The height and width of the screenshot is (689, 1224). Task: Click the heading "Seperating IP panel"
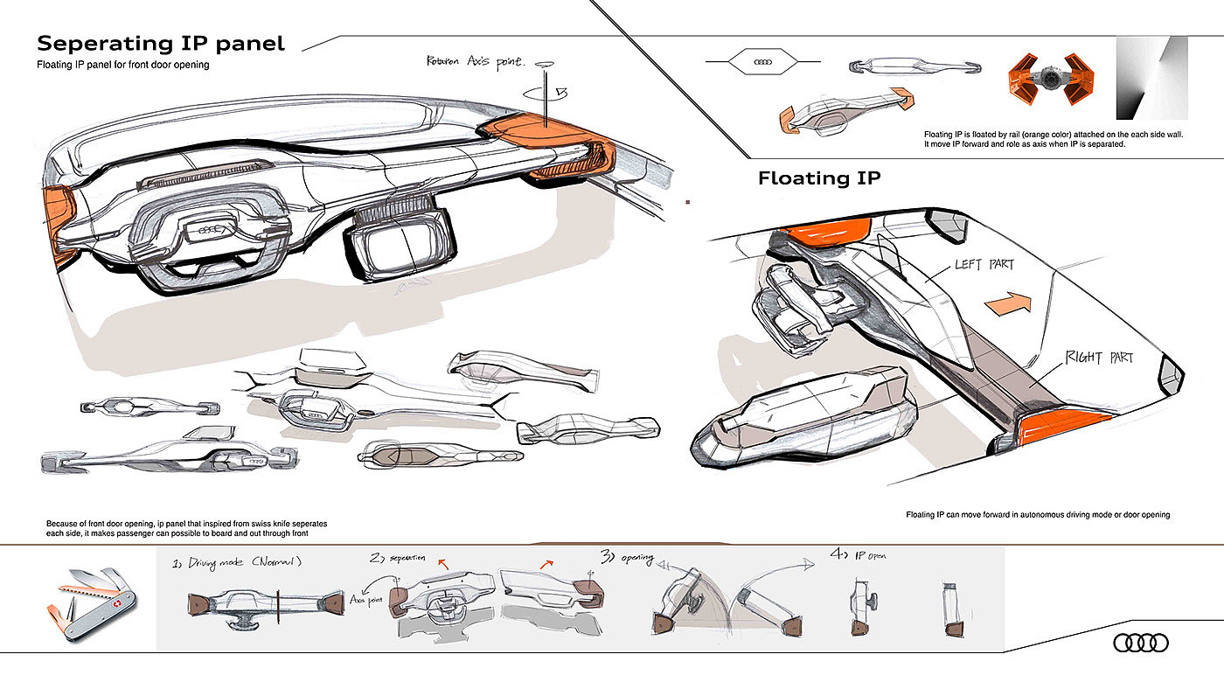(161, 44)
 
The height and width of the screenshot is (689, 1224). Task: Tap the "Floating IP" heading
(818, 178)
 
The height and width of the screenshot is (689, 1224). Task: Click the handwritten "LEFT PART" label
(984, 263)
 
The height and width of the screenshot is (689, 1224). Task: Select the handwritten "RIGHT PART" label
(1099, 358)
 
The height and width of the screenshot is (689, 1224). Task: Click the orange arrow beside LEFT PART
(1007, 303)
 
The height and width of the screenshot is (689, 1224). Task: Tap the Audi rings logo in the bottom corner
(1140, 644)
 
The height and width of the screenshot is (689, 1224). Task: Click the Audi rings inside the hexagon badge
(763, 62)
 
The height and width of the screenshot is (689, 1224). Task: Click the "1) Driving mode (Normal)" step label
(238, 562)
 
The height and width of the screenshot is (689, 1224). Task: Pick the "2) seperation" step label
(398, 557)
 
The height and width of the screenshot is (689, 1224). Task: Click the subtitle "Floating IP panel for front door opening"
(122, 66)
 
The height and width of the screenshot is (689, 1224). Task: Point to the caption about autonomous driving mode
(1038, 515)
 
